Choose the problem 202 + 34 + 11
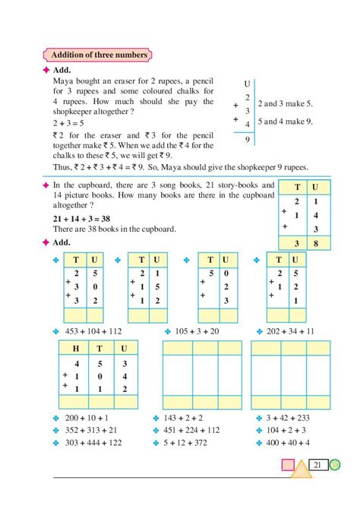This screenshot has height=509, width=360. click(x=288, y=331)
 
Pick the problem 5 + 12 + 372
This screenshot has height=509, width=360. click(x=183, y=442)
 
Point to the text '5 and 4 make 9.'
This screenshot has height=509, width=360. click(x=286, y=121)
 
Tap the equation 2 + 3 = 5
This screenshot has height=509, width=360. click(x=70, y=121)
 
